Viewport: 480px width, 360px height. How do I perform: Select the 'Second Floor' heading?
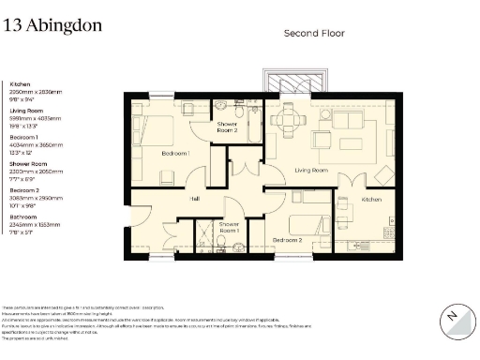314,33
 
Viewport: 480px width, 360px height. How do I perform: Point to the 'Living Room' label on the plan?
310,171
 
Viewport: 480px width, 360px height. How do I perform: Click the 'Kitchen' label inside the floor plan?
372,200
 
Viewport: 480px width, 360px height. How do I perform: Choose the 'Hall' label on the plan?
195,199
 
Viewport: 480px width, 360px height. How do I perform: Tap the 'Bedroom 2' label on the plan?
286,240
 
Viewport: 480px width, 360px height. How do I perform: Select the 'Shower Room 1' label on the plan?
230,228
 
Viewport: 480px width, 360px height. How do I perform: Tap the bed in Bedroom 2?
307,224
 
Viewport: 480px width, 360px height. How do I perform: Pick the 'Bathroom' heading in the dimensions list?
22,217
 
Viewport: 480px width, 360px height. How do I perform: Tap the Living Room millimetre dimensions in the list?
33,118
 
